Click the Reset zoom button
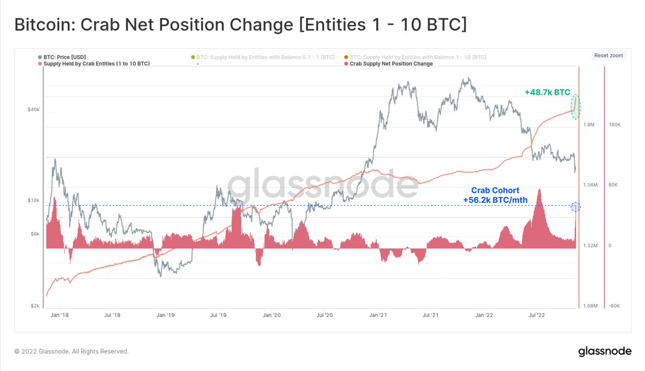608,55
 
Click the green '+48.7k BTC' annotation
547,92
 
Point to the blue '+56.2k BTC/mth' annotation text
495,200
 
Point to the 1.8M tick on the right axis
590,125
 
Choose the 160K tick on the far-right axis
614,125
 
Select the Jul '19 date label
218,316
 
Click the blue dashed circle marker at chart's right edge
575,207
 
